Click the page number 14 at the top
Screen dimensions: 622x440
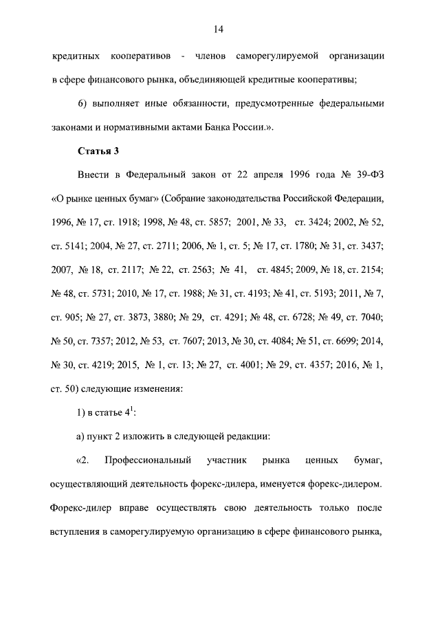click(219, 29)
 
